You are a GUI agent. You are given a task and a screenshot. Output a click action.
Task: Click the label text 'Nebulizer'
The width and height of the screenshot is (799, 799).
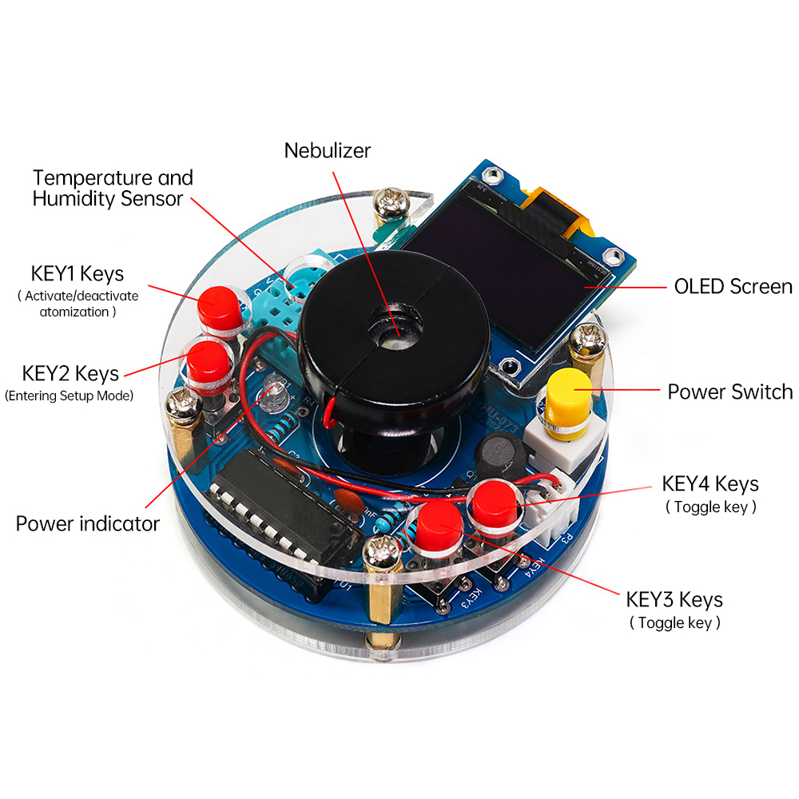tap(328, 149)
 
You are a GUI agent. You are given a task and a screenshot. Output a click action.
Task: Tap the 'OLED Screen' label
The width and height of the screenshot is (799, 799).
tap(733, 286)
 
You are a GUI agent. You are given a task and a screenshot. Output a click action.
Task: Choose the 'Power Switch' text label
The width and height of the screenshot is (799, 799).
tap(729, 392)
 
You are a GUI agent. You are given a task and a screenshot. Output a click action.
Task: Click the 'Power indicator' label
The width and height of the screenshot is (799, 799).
tap(88, 524)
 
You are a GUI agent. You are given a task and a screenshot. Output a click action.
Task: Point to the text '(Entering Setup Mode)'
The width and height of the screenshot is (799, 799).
tap(69, 396)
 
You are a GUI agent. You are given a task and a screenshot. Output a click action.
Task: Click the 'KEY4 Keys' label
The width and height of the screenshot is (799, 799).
tap(710, 483)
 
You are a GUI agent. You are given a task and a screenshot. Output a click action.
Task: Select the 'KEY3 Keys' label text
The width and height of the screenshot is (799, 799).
tap(674, 599)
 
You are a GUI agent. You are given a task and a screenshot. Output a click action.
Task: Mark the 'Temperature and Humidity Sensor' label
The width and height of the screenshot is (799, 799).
tap(113, 188)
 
